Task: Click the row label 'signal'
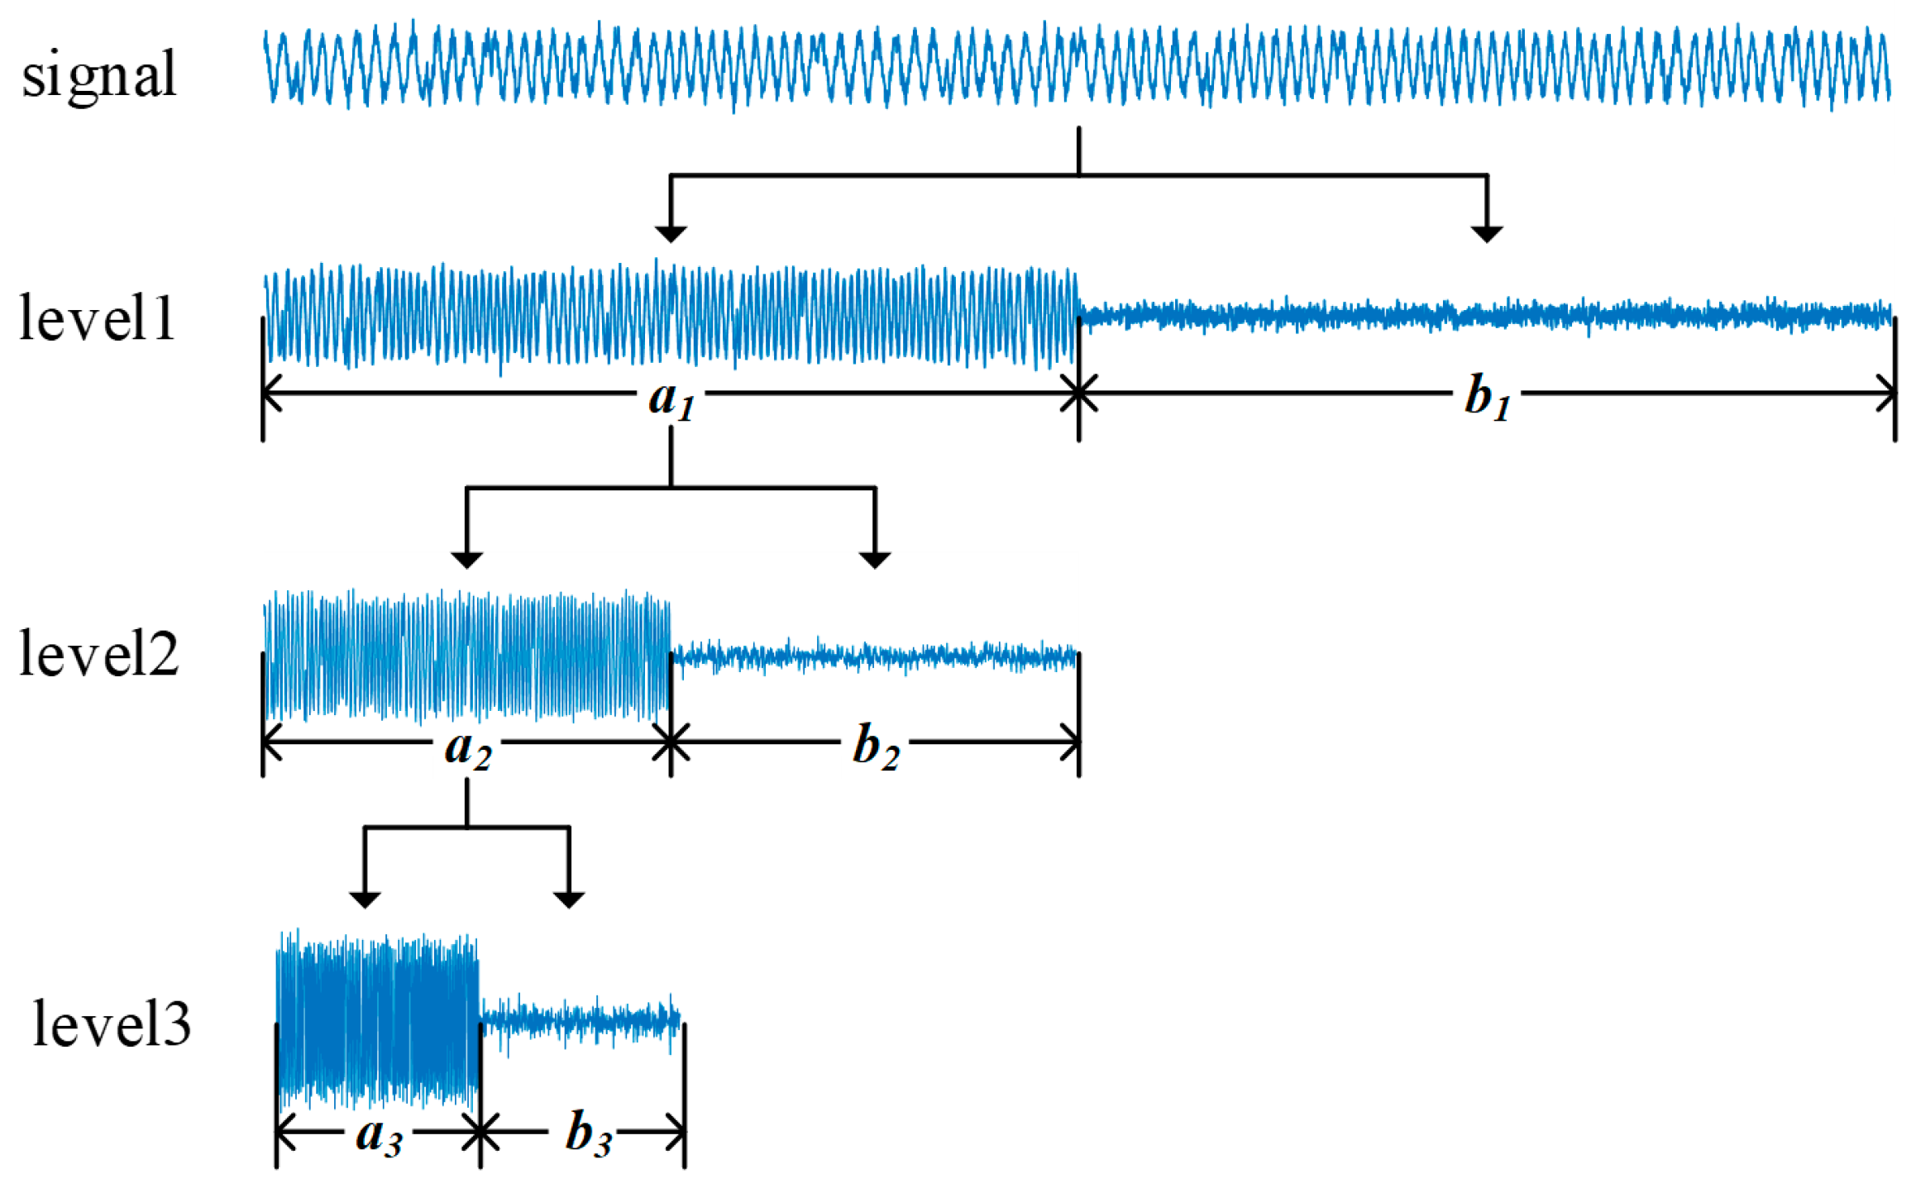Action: pyautogui.click(x=99, y=74)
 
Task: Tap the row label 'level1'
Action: pyautogui.click(x=98, y=318)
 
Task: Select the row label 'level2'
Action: pyautogui.click(x=99, y=653)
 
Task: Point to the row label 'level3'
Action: pyautogui.click(x=112, y=1023)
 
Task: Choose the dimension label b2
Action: pyautogui.click(x=876, y=749)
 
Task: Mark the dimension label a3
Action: pyautogui.click(x=379, y=1136)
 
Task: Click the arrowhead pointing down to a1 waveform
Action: pyautogui.click(x=671, y=233)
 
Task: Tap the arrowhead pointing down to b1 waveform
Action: pyautogui.click(x=1487, y=233)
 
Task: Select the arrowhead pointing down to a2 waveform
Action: pyautogui.click(x=467, y=560)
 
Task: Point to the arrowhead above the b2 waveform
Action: pyautogui.click(x=875, y=560)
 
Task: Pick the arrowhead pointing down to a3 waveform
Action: pyautogui.click(x=365, y=899)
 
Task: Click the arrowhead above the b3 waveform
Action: pyautogui.click(x=569, y=899)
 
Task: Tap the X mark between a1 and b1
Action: pyautogui.click(x=1078, y=393)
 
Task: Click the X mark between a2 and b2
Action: pyautogui.click(x=671, y=742)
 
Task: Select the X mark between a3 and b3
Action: pyautogui.click(x=480, y=1132)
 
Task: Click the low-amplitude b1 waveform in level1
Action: pyautogui.click(x=1487, y=315)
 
